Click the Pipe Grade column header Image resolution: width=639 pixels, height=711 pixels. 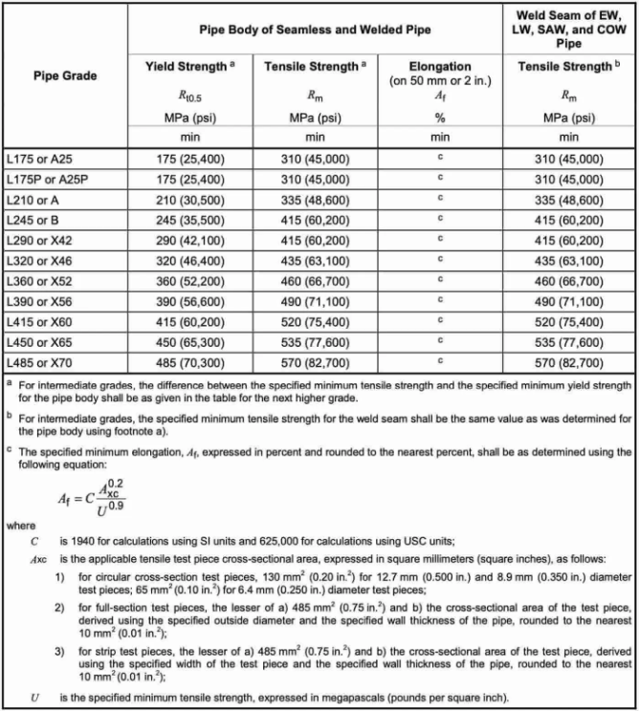(x=66, y=74)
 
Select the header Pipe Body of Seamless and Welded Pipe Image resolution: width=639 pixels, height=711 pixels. (x=315, y=31)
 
